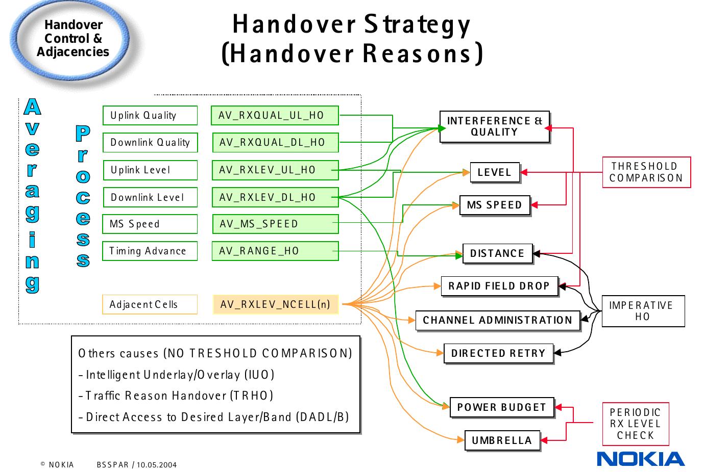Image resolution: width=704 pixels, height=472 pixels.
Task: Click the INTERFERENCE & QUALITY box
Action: coord(494,126)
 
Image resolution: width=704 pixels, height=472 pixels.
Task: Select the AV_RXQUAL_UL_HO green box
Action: coord(275,115)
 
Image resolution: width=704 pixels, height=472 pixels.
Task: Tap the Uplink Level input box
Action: coord(150,170)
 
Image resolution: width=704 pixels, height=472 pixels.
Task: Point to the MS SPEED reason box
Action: coord(494,205)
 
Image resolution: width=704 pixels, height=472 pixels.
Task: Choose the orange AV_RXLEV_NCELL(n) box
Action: coord(275,305)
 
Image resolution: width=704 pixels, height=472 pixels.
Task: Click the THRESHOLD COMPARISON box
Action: coord(646,172)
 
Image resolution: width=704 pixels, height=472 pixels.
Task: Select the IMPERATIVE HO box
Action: coord(643,311)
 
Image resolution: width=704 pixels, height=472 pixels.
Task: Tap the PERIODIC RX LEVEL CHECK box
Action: coord(635,424)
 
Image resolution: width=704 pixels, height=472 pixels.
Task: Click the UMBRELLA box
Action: coord(502,440)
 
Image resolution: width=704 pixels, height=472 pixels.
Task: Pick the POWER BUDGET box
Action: coord(501,407)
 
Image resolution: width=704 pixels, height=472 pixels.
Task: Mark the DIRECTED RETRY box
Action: coord(498,353)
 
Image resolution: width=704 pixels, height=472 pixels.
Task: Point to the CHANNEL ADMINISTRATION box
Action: coord(497,320)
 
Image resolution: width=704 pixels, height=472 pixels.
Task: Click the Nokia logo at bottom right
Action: coord(641,459)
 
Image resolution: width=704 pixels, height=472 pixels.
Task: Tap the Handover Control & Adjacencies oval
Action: coord(72,39)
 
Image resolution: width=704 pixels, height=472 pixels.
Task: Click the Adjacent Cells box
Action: coord(150,305)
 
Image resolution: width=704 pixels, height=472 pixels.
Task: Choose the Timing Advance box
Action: coord(150,251)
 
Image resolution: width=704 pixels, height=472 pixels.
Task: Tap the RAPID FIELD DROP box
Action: coord(499,286)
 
